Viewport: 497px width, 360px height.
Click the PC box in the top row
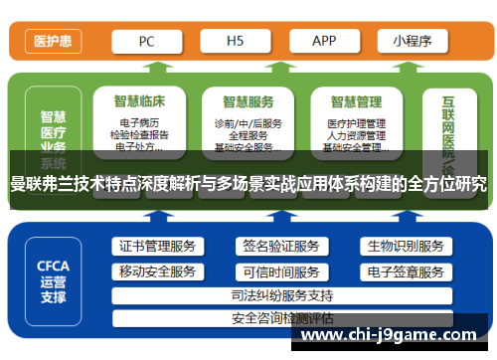point(145,41)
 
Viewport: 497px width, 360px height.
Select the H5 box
point(235,41)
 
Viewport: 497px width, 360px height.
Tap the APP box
point(324,41)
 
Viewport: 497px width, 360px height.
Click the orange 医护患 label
point(52,42)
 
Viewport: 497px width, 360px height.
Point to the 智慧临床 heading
point(139,101)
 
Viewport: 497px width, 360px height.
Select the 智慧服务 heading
point(248,101)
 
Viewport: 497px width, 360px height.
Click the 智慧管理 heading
point(356,101)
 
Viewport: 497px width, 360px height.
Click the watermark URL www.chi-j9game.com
point(392,336)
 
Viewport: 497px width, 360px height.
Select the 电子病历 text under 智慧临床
point(139,123)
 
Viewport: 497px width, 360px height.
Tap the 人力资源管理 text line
point(356,136)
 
